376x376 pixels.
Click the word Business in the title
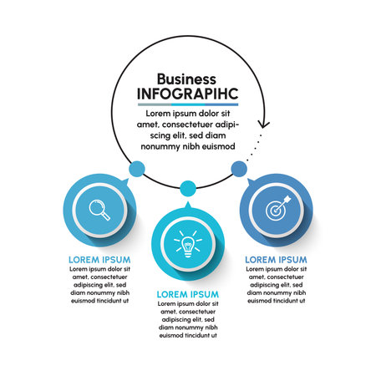pyautogui.click(x=186, y=79)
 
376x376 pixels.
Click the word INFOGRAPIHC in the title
pyautogui.click(x=188, y=94)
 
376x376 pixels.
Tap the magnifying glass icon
pyautogui.click(x=99, y=210)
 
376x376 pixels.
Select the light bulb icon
pyautogui.click(x=188, y=244)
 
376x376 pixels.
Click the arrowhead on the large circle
pyautogui.click(x=263, y=124)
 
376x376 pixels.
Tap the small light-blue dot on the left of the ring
pyautogui.click(x=137, y=169)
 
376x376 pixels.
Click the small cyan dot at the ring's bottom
pyautogui.click(x=188, y=188)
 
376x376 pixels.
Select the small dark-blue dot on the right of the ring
pyautogui.click(x=239, y=169)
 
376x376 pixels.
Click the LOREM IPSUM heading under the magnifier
pyautogui.click(x=99, y=260)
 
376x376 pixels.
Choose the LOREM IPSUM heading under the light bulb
pyautogui.click(x=188, y=294)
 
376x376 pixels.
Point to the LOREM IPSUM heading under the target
pyautogui.click(x=276, y=260)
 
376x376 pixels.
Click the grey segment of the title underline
pyautogui.click(x=155, y=104)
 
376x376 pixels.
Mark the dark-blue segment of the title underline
pyautogui.click(x=221, y=104)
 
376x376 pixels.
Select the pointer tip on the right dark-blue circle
pyautogui.click(x=247, y=179)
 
